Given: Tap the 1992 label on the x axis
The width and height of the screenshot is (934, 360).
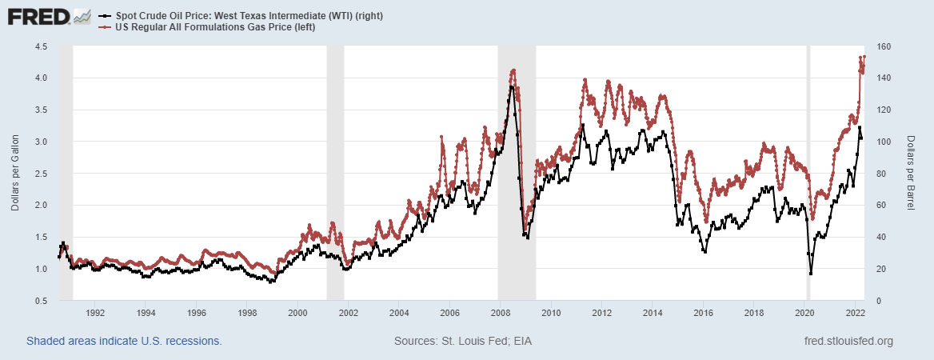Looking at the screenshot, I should pyautogui.click(x=95, y=313).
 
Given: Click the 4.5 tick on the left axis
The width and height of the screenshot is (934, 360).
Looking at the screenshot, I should pyautogui.click(x=42, y=46).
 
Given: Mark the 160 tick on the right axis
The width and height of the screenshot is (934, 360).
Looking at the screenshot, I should pyautogui.click(x=883, y=46).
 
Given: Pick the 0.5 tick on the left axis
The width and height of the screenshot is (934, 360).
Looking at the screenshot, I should pyautogui.click(x=42, y=301).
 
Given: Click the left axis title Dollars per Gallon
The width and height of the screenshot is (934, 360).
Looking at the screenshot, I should pyautogui.click(x=15, y=174).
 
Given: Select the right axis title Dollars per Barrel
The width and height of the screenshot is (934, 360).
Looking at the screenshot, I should pyautogui.click(x=911, y=174).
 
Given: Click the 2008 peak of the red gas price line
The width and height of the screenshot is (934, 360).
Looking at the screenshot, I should pyautogui.click(x=513, y=70).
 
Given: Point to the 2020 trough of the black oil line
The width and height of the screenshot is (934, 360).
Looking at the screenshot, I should pyautogui.click(x=811, y=274).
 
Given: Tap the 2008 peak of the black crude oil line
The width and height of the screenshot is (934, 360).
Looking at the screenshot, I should pyautogui.click(x=512, y=86).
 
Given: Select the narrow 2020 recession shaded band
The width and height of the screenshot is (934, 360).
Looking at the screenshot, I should pyautogui.click(x=807, y=160).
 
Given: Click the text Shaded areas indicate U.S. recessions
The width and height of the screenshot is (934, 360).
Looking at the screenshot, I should pyautogui.click(x=124, y=342).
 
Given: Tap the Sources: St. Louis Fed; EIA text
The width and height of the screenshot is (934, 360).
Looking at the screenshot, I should pyautogui.click(x=463, y=342).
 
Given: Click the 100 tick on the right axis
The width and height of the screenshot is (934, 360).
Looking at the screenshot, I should pyautogui.click(x=883, y=142).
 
